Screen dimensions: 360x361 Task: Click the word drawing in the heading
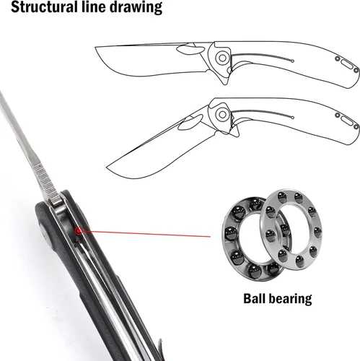click(x=136, y=7)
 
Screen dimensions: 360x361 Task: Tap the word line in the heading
click(x=92, y=6)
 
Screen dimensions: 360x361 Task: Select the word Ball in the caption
click(x=254, y=298)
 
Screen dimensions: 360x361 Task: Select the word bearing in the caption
click(x=290, y=299)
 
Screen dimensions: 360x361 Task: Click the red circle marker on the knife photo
click(x=78, y=231)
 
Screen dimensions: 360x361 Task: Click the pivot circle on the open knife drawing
click(x=222, y=58)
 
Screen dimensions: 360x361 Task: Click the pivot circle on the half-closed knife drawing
click(x=222, y=115)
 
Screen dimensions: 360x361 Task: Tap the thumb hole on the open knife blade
click(x=190, y=50)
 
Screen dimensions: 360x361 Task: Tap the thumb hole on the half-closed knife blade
click(x=190, y=122)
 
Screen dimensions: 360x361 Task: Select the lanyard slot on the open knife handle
click(x=346, y=65)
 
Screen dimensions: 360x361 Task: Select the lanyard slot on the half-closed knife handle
click(x=346, y=121)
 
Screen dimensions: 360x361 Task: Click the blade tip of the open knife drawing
click(x=95, y=47)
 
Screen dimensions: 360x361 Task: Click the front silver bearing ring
click(x=291, y=229)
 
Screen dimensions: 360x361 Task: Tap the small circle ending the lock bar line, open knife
click(x=292, y=61)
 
